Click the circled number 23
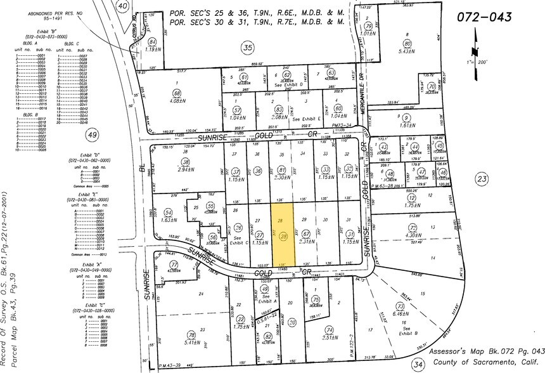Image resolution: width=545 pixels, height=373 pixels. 483,180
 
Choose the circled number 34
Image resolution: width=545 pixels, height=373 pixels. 417,363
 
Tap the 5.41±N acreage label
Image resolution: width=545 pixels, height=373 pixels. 191,342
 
